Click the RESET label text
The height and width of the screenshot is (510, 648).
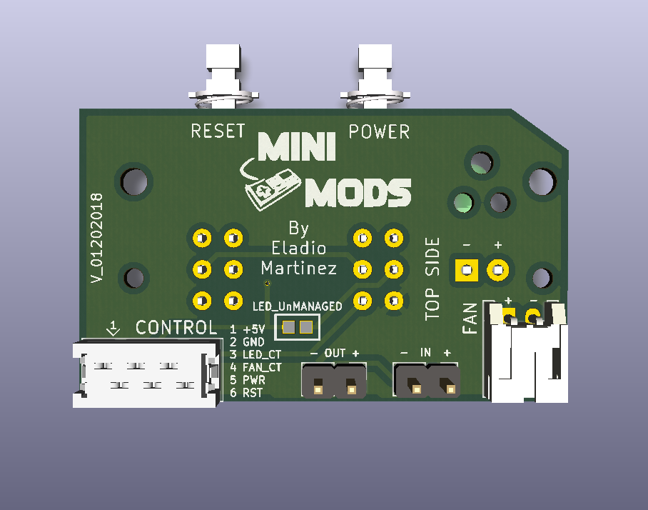(218, 131)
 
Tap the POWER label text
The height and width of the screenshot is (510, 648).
(379, 132)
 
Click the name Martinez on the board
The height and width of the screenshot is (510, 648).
(299, 269)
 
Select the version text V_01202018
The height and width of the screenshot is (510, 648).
(98, 238)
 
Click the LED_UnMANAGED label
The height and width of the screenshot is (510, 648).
(298, 306)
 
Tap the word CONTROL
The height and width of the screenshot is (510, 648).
(176, 328)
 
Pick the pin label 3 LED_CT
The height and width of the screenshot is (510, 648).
(255, 355)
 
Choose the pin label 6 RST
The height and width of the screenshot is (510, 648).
(246, 393)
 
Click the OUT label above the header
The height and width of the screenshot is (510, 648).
(335, 354)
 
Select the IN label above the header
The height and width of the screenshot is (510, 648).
(425, 353)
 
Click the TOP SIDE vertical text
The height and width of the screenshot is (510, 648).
(433, 276)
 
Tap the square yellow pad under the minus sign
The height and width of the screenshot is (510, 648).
(466, 271)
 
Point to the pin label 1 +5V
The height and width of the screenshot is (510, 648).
(247, 330)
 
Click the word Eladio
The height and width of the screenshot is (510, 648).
(299, 249)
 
